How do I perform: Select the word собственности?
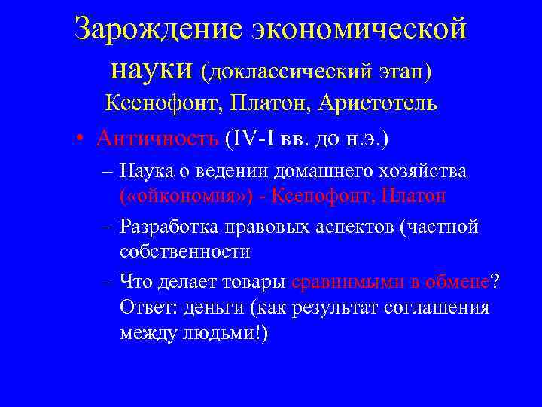(x=185, y=252)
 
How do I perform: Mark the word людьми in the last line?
(x=218, y=333)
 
